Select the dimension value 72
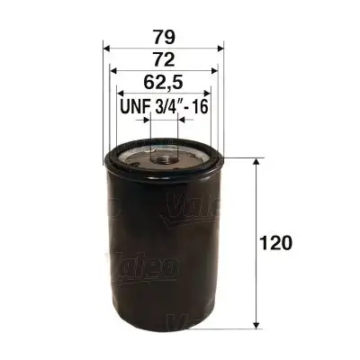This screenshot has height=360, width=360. pyautogui.click(x=163, y=59)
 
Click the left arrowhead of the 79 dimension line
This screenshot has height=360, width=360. pyautogui.click(x=107, y=47)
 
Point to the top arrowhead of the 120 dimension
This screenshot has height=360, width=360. pyautogui.click(x=259, y=163)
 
